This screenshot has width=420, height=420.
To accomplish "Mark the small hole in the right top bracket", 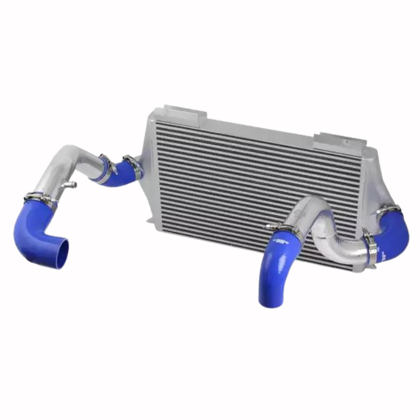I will coord(345,141).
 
